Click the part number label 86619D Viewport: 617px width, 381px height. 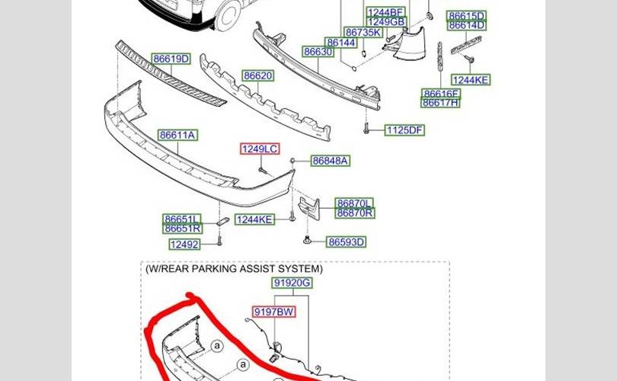tap(171, 59)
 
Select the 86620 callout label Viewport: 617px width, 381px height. tap(257, 75)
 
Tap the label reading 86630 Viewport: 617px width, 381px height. tap(318, 52)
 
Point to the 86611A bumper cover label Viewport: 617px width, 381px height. tap(177, 136)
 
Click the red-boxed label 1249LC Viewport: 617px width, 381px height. tap(260, 149)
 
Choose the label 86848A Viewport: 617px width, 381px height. tap(330, 161)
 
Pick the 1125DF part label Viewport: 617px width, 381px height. tap(404, 130)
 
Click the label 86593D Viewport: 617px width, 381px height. tap(346, 242)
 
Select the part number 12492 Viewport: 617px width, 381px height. tap(184, 245)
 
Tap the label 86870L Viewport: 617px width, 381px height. tap(354, 203)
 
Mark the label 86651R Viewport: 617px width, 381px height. tap(183, 229)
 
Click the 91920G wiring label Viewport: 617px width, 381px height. tap(292, 283)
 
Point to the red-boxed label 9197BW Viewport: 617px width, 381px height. tap(274, 312)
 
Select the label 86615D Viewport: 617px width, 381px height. tap(466, 16)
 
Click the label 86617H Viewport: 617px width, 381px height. tap(440, 103)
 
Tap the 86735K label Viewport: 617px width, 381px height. tap(363, 32)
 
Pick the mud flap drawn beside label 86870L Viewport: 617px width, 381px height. tap(309, 208)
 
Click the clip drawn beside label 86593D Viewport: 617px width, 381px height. tap(308, 239)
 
